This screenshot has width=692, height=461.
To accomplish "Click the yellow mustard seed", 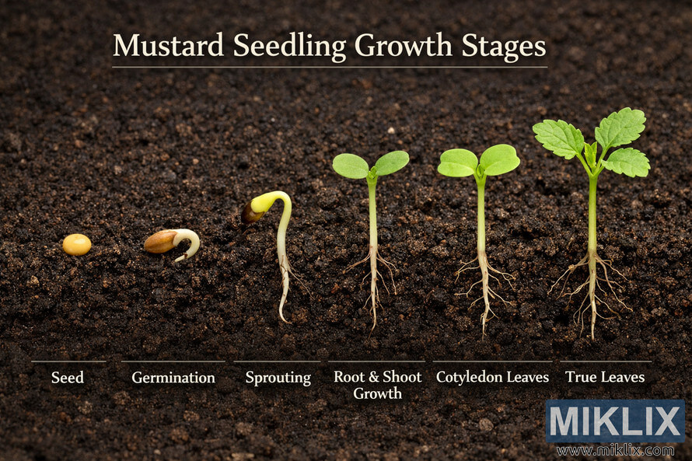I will (x=77, y=245).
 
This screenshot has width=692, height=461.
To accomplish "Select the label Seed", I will (x=68, y=378).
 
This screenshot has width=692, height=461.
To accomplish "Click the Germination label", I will (x=173, y=378).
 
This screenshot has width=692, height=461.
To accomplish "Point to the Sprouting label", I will (x=278, y=378).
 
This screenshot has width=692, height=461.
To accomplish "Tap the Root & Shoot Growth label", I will (x=378, y=385).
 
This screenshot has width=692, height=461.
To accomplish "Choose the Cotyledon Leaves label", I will (x=492, y=378).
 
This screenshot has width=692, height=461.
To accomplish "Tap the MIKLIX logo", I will (x=615, y=421).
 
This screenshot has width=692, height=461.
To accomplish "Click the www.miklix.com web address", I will (x=615, y=451).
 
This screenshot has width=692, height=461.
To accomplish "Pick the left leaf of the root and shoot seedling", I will (x=351, y=166).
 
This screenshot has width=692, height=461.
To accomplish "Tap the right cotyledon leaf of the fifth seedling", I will (x=500, y=159).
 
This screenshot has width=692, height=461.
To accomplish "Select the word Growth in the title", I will (x=402, y=46).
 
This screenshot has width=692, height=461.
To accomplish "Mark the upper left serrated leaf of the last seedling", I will (x=558, y=138).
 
